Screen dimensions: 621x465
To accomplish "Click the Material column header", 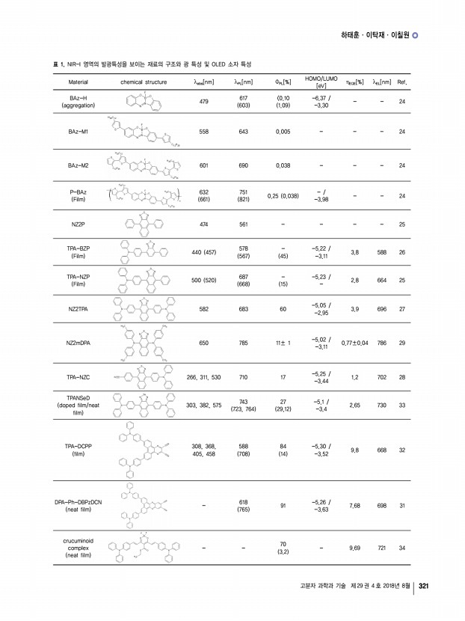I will click(x=78, y=82).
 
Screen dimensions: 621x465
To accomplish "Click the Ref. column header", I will click(x=401, y=82).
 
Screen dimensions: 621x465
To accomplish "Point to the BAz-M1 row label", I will click(x=78, y=130).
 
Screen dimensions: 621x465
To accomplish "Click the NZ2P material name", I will click(x=77, y=224).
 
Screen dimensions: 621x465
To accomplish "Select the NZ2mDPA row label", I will click(x=78, y=343).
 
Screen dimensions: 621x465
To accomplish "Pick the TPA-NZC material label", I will click(x=78, y=378).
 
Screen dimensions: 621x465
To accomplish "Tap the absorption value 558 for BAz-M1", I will click(x=203, y=130).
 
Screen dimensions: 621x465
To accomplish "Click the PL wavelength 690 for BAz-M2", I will click(x=243, y=165).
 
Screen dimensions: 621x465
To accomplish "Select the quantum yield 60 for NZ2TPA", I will click(x=283, y=308).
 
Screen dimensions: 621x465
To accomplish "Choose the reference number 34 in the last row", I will click(x=402, y=548).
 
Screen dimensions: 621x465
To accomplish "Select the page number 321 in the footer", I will click(x=424, y=586).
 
